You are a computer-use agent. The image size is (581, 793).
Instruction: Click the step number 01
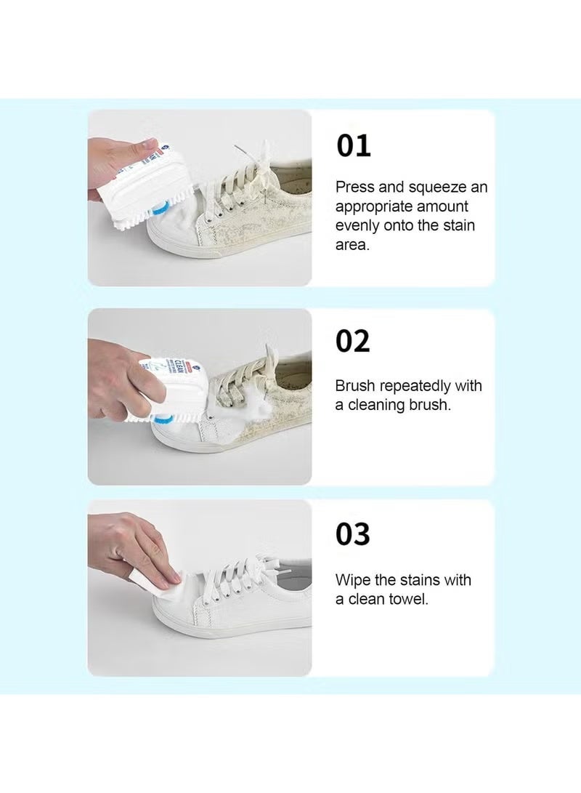(x=353, y=145)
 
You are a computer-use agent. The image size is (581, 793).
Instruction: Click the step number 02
(x=353, y=341)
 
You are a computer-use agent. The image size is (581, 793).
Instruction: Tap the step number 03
(x=353, y=534)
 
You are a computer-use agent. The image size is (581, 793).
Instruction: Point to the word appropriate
(x=375, y=206)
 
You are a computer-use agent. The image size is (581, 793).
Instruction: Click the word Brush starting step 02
(x=355, y=386)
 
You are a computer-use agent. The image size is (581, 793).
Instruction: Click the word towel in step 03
(x=408, y=600)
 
